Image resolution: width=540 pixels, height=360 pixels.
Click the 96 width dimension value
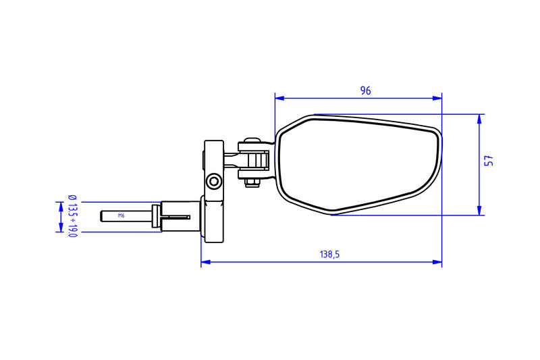pyautogui.click(x=365, y=91)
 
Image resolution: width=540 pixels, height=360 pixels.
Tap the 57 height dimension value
pyautogui.click(x=489, y=161)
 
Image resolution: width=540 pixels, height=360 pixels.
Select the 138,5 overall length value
pyautogui.click(x=329, y=255)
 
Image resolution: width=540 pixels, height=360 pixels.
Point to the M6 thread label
pyautogui.click(x=122, y=216)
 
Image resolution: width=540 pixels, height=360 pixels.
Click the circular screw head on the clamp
pyautogui.click(x=214, y=181)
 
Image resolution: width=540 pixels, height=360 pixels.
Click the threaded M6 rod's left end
pyautogui.click(x=102, y=216)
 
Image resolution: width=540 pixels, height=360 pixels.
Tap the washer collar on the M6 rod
pyautogui.click(x=156, y=217)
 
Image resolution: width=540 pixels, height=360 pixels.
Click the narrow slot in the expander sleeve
pyautogui.click(x=178, y=217)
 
